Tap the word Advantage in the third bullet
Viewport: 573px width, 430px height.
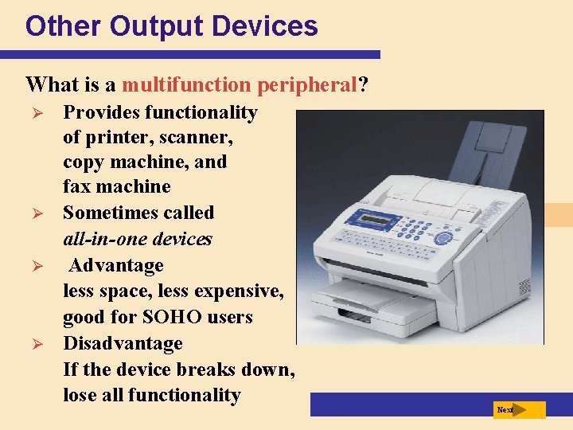coord(115,265)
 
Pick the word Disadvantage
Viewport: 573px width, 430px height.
coord(123,343)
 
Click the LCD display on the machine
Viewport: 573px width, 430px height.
coord(350,220)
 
